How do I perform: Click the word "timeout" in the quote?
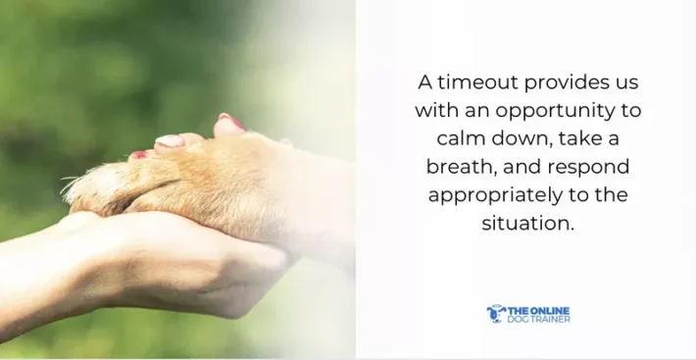click(480, 81)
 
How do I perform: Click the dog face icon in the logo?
click(495, 313)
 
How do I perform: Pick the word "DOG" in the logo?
click(517, 320)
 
